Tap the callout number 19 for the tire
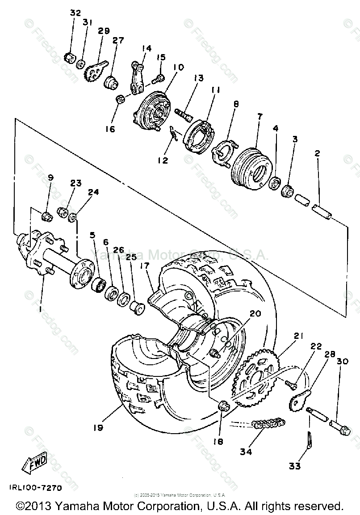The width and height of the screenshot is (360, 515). pyautogui.click(x=98, y=427)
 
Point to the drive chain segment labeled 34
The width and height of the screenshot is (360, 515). pyautogui.click(x=268, y=424)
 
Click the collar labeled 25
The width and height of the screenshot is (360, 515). pyautogui.click(x=137, y=308)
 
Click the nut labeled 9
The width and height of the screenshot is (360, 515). pyautogui.click(x=46, y=217)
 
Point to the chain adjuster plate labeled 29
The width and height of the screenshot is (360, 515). pyautogui.click(x=96, y=70)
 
